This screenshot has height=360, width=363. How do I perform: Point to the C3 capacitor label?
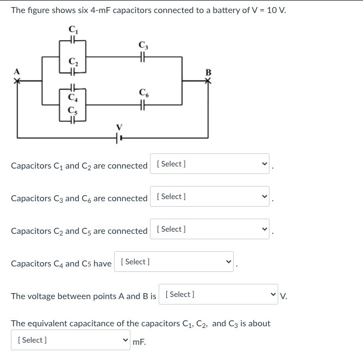[143, 45]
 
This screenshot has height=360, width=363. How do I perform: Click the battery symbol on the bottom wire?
[119, 138]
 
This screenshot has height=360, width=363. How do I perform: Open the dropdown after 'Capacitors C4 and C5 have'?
[174, 262]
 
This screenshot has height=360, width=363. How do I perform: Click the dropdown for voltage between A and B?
[218, 294]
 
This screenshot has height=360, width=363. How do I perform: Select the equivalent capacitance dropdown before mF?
[71, 340]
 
